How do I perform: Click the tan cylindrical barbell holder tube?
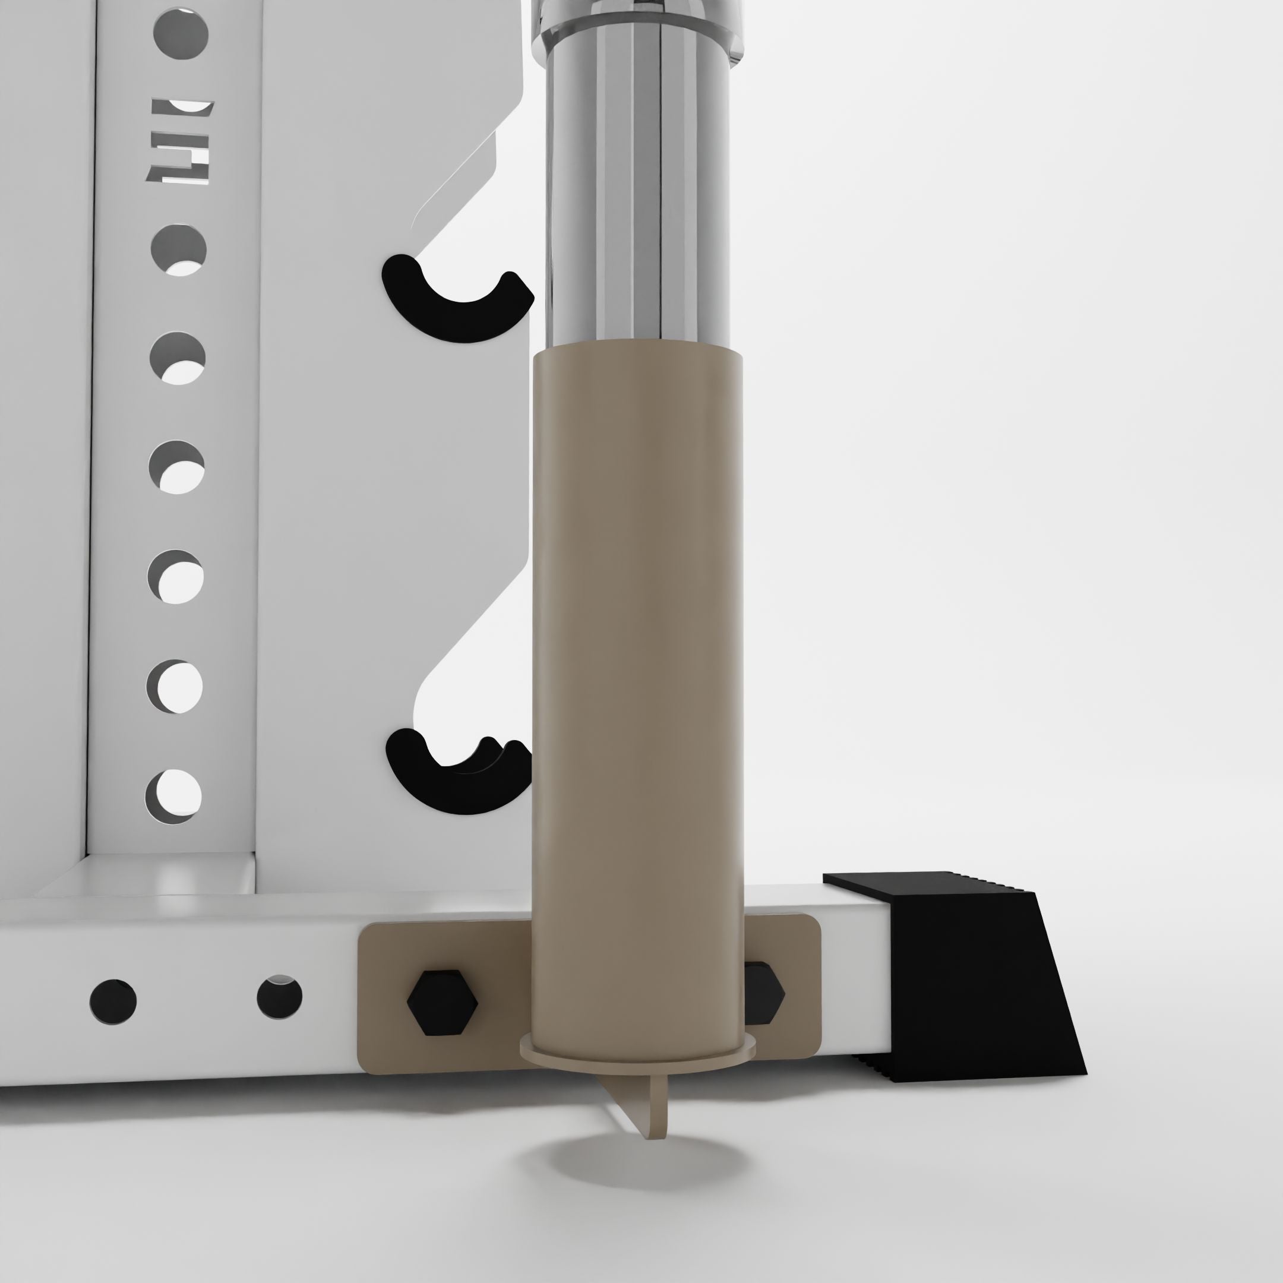[x=637, y=664]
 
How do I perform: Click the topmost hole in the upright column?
[x=181, y=33]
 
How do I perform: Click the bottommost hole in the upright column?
[x=173, y=795]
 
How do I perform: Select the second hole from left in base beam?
[x=280, y=997]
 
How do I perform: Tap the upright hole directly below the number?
[x=179, y=249]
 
